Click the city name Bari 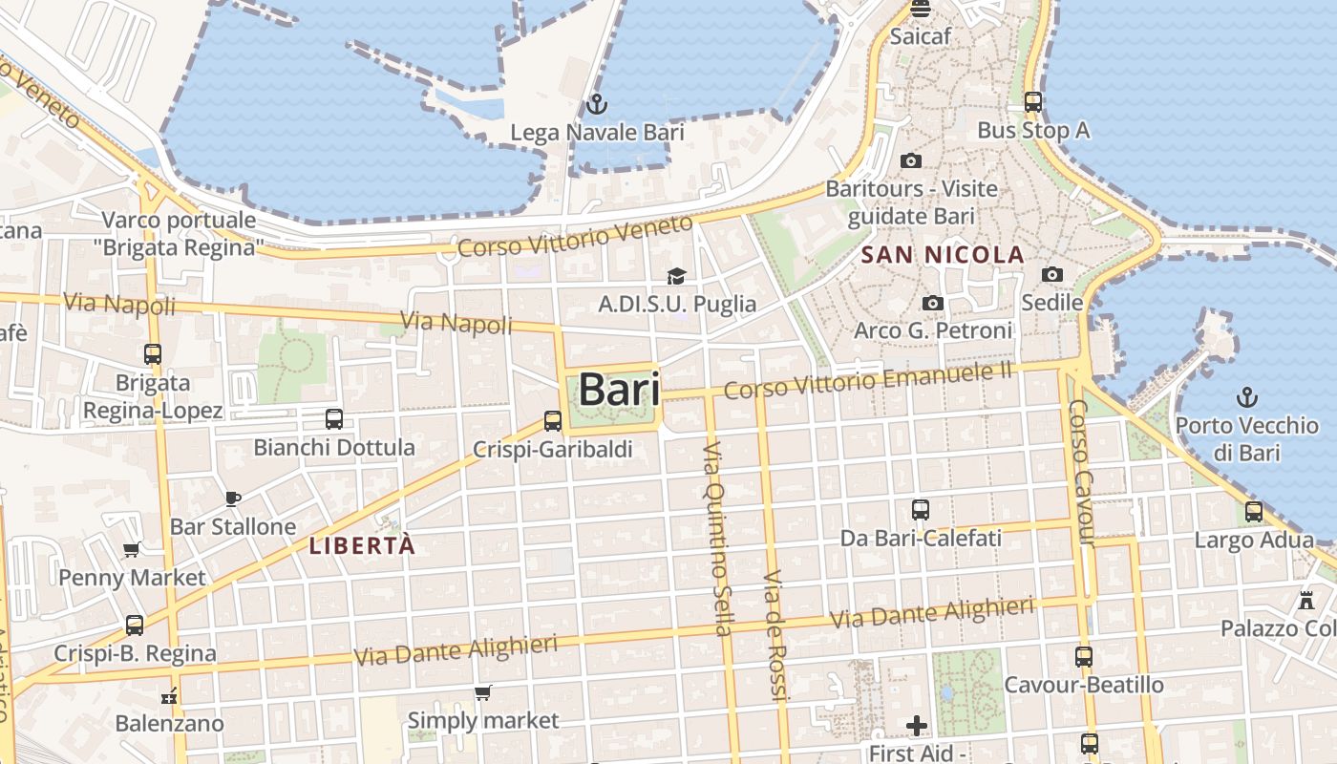click(x=619, y=390)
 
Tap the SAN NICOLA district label click(x=942, y=255)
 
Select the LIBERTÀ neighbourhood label click(x=363, y=545)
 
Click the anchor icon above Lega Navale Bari click(x=597, y=104)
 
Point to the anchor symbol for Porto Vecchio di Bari click(x=1246, y=396)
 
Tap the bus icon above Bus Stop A click(x=1032, y=101)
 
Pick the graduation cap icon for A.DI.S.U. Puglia click(x=676, y=276)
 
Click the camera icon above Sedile click(x=1051, y=275)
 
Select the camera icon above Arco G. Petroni click(x=932, y=303)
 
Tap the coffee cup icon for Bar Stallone click(x=232, y=498)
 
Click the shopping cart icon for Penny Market click(x=132, y=549)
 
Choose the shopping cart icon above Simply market click(x=483, y=691)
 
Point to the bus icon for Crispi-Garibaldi click(x=552, y=420)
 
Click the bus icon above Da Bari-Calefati click(x=920, y=510)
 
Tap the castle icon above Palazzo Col click(x=1305, y=601)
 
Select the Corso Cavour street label click(x=1081, y=473)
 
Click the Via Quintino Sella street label click(x=717, y=540)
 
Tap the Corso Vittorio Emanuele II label click(x=867, y=380)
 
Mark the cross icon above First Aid click(x=917, y=726)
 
